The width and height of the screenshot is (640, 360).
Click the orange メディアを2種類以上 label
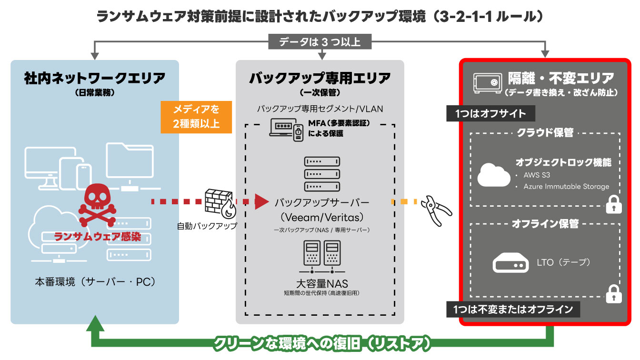click(x=196, y=117)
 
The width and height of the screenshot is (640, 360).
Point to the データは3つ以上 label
click(x=320, y=42)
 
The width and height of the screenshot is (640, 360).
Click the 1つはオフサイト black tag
click(x=491, y=113)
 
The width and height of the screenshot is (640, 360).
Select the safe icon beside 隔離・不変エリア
click(x=487, y=82)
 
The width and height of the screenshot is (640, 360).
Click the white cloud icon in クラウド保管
click(x=493, y=175)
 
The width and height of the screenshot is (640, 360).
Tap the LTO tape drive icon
click(x=510, y=262)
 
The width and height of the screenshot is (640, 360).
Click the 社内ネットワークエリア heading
click(x=95, y=79)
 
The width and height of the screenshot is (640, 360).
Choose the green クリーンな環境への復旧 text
click(x=322, y=343)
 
